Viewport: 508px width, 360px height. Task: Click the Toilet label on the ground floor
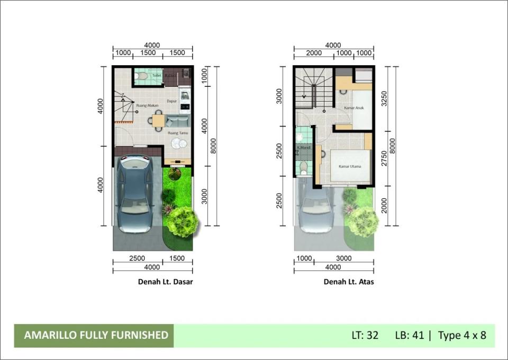157,76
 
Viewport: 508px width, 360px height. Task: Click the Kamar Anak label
353,108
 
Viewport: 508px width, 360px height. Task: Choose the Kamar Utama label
350,166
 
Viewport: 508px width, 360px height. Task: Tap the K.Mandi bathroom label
303,148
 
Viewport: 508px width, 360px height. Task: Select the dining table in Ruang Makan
159,121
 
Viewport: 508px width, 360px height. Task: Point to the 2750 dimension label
384,158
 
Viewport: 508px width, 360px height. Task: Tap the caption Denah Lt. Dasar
165,282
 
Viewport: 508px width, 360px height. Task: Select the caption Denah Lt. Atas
349,282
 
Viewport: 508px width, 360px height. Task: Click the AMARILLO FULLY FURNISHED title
96,335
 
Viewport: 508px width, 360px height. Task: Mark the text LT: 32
365,336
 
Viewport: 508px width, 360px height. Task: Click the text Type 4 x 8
462,336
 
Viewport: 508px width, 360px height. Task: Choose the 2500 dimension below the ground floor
137,259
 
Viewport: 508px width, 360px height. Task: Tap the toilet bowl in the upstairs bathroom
303,169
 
